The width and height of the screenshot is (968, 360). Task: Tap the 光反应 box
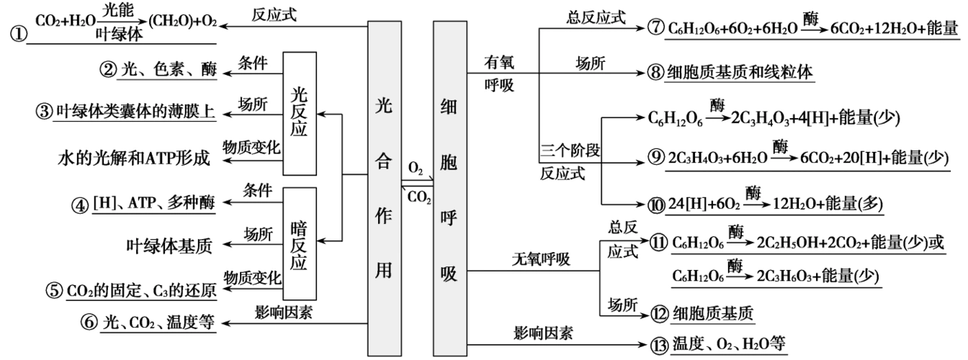pos(300,112)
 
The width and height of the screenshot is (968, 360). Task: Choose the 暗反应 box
pos(300,243)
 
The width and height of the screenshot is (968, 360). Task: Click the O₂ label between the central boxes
pos(416,166)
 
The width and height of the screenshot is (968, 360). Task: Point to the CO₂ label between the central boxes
pos(417,196)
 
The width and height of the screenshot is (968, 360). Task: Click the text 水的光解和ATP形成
pos(133,158)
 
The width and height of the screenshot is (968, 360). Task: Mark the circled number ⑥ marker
pos(89,323)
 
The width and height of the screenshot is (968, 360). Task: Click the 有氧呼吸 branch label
pos(501,73)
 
